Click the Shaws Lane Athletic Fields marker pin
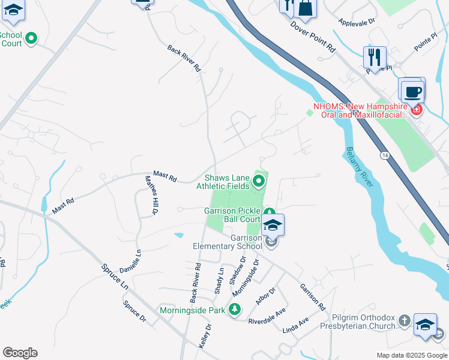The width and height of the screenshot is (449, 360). (x=259, y=180)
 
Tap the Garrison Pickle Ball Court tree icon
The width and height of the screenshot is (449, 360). (x=270, y=212)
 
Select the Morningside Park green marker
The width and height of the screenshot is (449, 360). (x=235, y=310)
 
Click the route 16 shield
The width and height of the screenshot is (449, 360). (x=384, y=155)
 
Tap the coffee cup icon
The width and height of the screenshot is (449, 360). (x=412, y=92)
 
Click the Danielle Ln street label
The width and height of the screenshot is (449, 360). (x=130, y=262)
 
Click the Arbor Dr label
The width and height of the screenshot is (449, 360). (x=265, y=295)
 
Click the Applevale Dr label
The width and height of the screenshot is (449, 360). (x=357, y=21)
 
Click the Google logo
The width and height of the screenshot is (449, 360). (x=20, y=353)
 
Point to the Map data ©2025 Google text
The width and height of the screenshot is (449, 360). (x=411, y=355)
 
